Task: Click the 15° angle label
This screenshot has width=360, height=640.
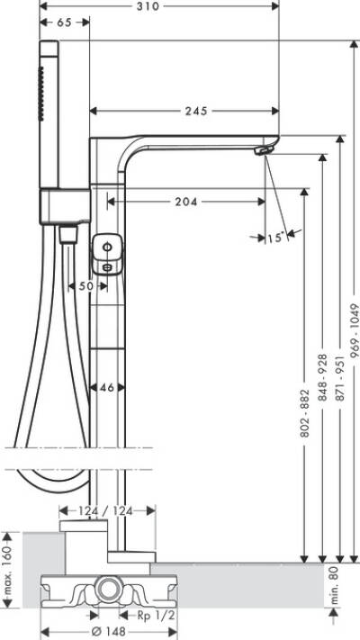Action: (x=274, y=238)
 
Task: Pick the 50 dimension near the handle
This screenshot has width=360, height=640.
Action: (x=85, y=285)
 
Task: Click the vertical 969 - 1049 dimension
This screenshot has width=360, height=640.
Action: (x=355, y=324)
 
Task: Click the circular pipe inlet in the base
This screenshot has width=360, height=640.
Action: (x=111, y=590)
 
